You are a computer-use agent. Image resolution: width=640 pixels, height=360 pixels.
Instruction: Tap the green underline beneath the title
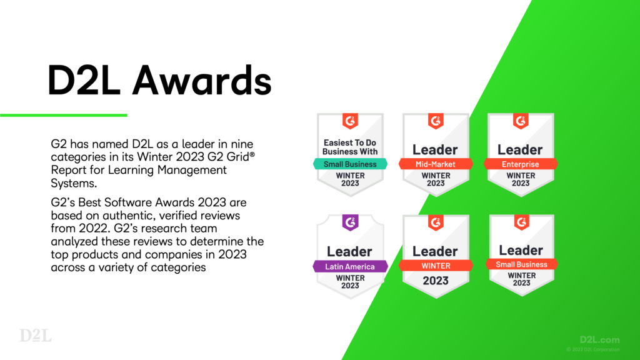[x=63, y=115]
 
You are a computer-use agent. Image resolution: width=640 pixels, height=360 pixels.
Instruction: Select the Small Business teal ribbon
[x=349, y=164]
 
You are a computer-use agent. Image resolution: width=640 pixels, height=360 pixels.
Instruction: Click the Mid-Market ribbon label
[x=435, y=164]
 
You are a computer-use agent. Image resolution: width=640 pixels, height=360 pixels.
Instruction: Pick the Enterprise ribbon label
[x=520, y=164]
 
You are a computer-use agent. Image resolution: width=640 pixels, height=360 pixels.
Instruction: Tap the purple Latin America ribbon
[x=349, y=266]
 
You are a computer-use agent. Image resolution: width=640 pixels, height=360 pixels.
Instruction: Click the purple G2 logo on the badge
[x=349, y=222]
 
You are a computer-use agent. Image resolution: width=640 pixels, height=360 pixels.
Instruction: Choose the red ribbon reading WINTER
[x=435, y=266]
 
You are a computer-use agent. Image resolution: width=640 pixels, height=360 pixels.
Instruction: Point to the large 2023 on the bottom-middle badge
[x=435, y=281]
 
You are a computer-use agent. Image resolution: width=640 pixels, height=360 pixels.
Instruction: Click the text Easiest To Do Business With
[x=349, y=147]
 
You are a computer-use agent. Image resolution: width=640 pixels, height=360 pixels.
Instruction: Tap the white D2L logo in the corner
[x=36, y=335]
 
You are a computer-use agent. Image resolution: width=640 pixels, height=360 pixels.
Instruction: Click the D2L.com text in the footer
[x=599, y=340]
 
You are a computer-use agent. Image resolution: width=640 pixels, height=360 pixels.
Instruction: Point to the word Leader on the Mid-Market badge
[x=435, y=149]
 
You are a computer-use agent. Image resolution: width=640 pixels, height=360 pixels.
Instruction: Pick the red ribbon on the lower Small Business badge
[x=520, y=264]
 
